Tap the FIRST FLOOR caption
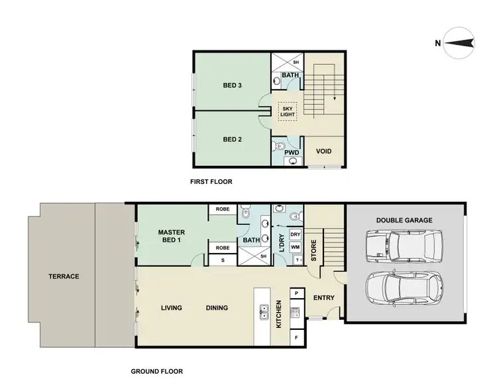coord(212,181)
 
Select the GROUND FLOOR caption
coord(157,371)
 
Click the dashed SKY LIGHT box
coord(288,111)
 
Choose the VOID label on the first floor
coord(323,151)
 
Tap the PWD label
coord(292,153)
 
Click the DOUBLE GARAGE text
coord(404,220)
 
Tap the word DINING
coord(216,308)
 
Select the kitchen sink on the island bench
coord(263,308)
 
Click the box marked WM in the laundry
coord(296,247)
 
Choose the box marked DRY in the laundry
coord(296,235)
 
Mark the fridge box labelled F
coord(296,338)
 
